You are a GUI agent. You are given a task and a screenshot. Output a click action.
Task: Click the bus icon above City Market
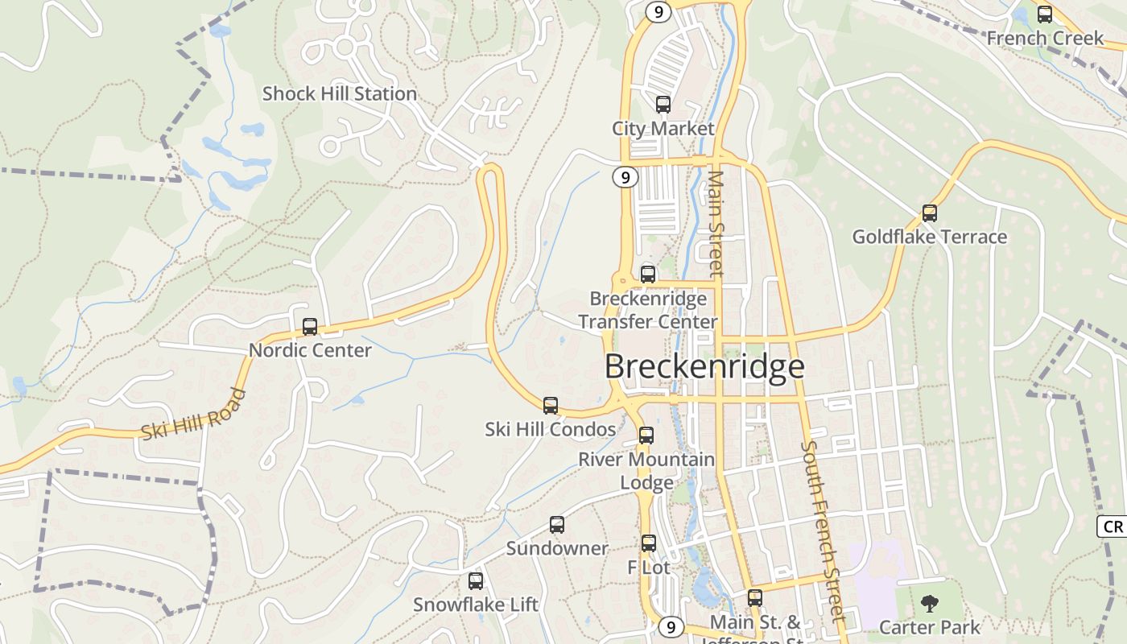tap(663, 105)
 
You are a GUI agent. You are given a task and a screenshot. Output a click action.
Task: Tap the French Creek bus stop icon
tap(1045, 14)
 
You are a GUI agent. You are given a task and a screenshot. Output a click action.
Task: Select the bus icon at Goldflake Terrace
tap(930, 213)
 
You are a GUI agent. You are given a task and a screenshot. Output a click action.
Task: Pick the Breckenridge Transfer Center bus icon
tap(648, 274)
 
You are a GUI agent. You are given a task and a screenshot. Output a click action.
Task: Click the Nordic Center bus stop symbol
tap(310, 327)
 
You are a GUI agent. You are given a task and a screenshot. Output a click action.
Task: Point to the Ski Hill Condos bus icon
tap(551, 406)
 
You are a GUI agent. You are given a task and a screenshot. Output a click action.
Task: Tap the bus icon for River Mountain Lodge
tap(646, 436)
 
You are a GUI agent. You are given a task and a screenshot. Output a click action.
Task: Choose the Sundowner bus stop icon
tap(557, 525)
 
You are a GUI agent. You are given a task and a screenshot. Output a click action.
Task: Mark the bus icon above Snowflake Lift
tap(476, 581)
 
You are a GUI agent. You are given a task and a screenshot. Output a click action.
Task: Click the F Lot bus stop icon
tap(649, 543)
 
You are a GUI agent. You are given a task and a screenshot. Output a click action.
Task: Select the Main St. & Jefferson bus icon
tap(754, 598)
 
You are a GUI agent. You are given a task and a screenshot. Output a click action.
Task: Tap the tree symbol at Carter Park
tap(930, 603)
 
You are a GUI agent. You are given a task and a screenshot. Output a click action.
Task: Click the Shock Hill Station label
tap(340, 93)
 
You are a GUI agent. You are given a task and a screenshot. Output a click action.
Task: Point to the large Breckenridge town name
tap(704, 366)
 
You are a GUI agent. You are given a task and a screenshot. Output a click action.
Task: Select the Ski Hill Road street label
tap(193, 414)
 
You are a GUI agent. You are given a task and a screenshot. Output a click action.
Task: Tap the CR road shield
tap(1112, 526)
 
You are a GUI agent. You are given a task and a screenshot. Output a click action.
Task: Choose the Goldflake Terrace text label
tap(930, 237)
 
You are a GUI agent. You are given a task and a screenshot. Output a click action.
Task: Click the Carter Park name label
tap(930, 627)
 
